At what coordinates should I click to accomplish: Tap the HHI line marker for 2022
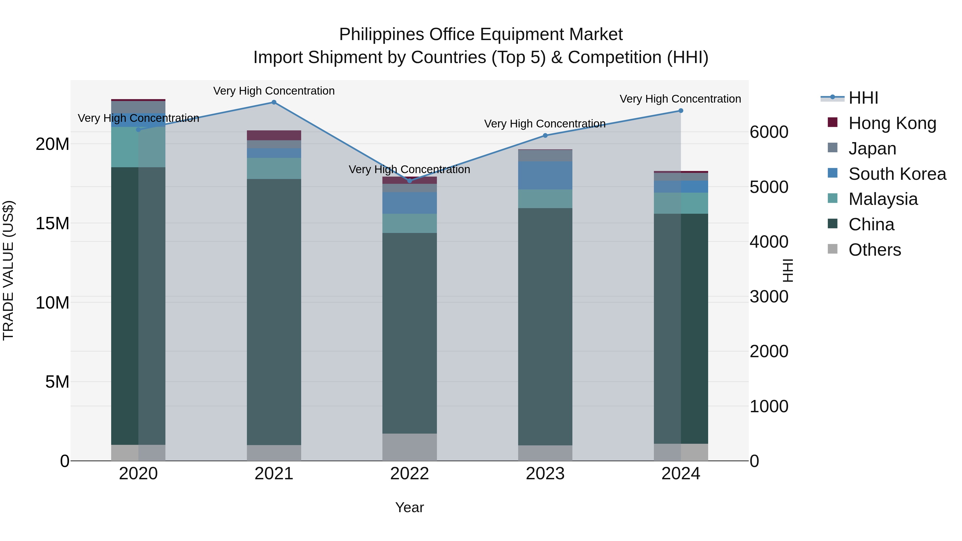click(x=409, y=181)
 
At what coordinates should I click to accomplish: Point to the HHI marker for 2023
click(x=545, y=135)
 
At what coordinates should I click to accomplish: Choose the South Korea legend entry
click(x=897, y=174)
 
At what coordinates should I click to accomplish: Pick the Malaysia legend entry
click(x=882, y=199)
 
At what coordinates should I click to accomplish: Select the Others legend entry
click(x=874, y=250)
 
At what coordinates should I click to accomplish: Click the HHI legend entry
click(x=863, y=98)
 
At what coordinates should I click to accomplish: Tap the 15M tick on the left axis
click(x=52, y=223)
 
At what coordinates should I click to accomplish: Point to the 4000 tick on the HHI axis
click(x=769, y=242)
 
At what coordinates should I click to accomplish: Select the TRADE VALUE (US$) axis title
click(x=9, y=270)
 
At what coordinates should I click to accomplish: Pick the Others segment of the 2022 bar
click(x=409, y=447)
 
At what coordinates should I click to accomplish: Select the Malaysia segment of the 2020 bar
click(x=138, y=147)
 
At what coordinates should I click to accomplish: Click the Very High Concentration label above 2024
click(x=680, y=99)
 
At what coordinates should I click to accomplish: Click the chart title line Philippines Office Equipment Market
click(x=481, y=34)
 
